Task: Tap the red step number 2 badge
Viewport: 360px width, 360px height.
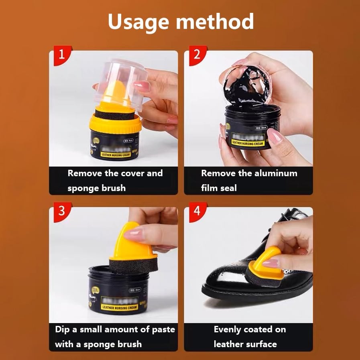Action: [196, 55]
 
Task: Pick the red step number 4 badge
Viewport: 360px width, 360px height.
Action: [196, 211]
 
